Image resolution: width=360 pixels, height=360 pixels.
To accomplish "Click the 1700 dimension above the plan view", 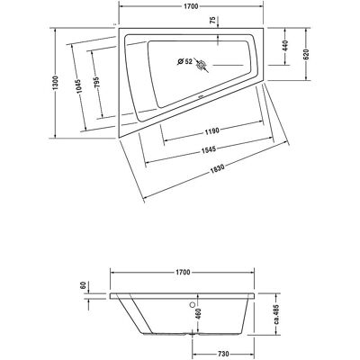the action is [191, 6].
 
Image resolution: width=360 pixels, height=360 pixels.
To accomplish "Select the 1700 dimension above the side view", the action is [183, 272].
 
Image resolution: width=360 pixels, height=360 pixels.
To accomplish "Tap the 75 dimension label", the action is [212, 20].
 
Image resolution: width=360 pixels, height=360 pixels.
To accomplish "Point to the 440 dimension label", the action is [285, 46].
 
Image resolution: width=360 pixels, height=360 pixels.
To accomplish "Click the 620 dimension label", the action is [306, 54].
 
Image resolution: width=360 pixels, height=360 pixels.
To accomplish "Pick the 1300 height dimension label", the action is [55, 83].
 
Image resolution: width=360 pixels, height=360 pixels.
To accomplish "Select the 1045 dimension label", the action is [79, 86].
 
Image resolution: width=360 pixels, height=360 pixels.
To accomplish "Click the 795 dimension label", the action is [96, 82].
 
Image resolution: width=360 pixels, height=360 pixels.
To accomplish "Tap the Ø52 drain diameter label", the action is [184, 61].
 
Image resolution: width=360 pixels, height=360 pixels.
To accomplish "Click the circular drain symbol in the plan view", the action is [201, 65].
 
